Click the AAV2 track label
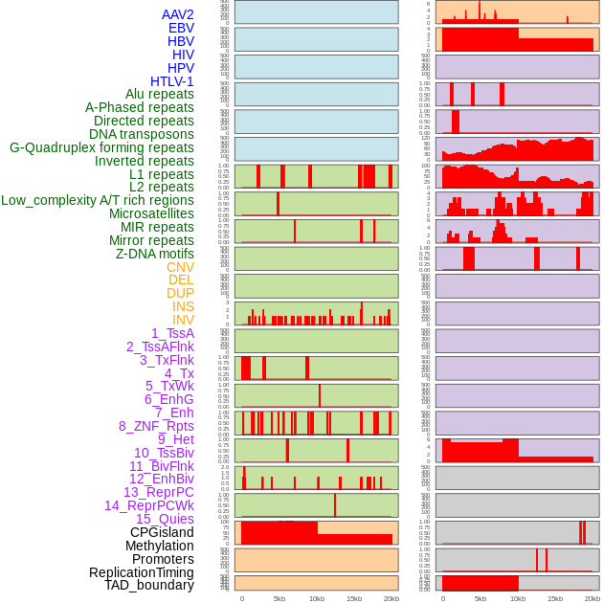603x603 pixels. [x=177, y=14]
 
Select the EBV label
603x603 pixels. [x=181, y=28]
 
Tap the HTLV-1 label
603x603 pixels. [x=171, y=81]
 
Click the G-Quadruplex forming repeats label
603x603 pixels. [x=101, y=147]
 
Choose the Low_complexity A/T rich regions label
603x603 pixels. [x=98, y=200]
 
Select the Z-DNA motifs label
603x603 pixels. [x=154, y=254]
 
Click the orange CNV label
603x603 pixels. [x=180, y=267]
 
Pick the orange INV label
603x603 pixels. [x=183, y=320]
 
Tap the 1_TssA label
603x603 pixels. [x=172, y=333]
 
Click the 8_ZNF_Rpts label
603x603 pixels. [x=156, y=426]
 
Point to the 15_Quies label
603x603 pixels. [x=165, y=519]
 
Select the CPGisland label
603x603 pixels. [x=162, y=532]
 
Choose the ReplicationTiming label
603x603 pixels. [x=141, y=572]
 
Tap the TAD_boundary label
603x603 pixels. [x=149, y=585]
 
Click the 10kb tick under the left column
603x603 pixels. [x=317, y=598]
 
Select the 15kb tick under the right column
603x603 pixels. [x=554, y=598]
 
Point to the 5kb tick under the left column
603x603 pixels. [x=279, y=598]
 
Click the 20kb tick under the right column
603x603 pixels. [x=592, y=598]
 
